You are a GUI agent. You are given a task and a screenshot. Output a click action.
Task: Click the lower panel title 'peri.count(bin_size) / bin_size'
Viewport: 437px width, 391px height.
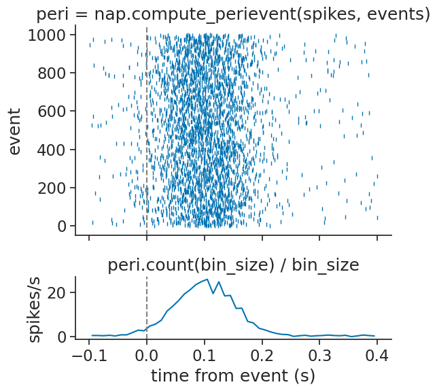(233, 266)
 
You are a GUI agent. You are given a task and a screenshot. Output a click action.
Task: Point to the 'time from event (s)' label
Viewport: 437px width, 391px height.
(233, 375)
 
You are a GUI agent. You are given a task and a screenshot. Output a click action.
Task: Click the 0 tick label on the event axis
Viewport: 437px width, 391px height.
(61, 226)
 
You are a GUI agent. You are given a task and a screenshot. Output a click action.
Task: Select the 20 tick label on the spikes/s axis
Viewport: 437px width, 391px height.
(57, 292)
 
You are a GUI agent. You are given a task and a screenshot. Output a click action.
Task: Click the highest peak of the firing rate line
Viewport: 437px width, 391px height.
(207, 279)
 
